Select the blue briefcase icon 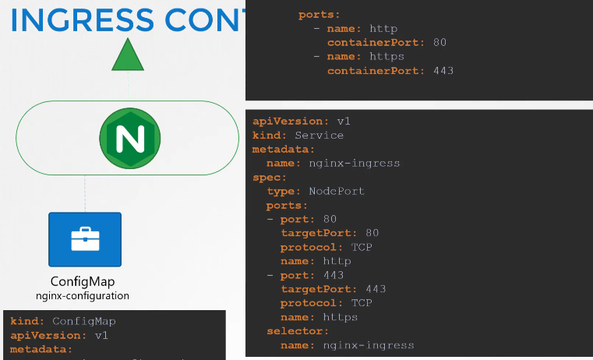point(85,240)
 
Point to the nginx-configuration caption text point(83,296)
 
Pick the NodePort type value point(336,191)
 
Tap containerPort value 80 point(439,42)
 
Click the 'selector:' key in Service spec point(294,331)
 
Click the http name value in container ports point(383,28)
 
